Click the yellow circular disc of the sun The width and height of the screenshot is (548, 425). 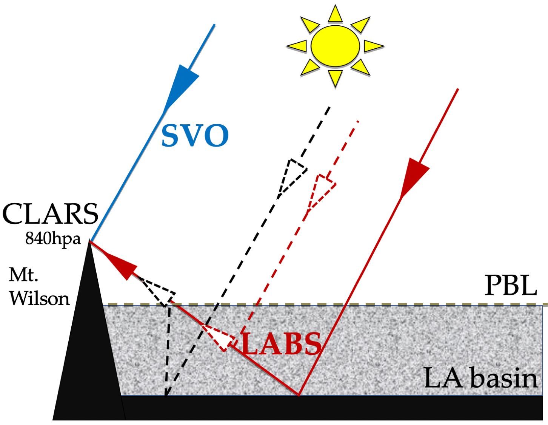[x=335, y=46]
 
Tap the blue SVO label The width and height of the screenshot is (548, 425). [x=195, y=136]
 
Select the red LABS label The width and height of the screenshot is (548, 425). [x=282, y=344]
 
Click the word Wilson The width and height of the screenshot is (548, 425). [x=39, y=299]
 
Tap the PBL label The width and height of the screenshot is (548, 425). [x=510, y=286]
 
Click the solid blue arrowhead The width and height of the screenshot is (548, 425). [x=180, y=88]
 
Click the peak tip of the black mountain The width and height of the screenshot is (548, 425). [x=89, y=239]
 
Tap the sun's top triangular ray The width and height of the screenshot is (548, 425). [x=335, y=14]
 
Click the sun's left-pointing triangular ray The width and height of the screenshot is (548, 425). [x=297, y=46]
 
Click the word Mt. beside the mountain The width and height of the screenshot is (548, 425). [x=23, y=275]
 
